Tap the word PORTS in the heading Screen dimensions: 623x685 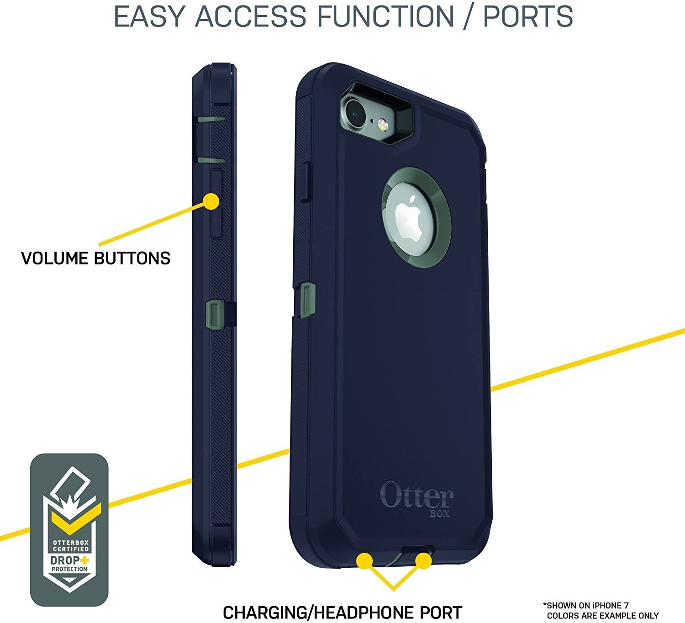(x=528, y=16)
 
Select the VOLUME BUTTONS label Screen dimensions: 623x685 (x=96, y=258)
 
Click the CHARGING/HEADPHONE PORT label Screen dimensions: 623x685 (x=342, y=612)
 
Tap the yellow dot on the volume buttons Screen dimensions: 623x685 (x=211, y=201)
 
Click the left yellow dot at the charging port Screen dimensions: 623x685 (x=364, y=561)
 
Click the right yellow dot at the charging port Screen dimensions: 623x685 (x=423, y=561)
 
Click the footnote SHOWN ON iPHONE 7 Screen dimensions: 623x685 (x=585, y=606)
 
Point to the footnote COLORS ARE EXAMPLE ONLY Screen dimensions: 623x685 (x=603, y=616)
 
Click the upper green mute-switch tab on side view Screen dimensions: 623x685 (x=211, y=120)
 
